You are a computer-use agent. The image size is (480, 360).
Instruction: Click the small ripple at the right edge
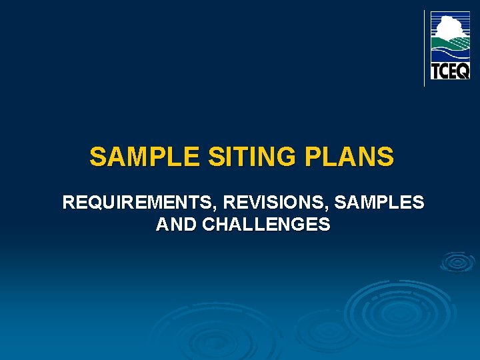pos(457,262)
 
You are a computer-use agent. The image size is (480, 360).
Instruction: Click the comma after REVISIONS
pos(331,207)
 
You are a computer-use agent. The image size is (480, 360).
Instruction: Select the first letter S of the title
pos(97,158)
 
